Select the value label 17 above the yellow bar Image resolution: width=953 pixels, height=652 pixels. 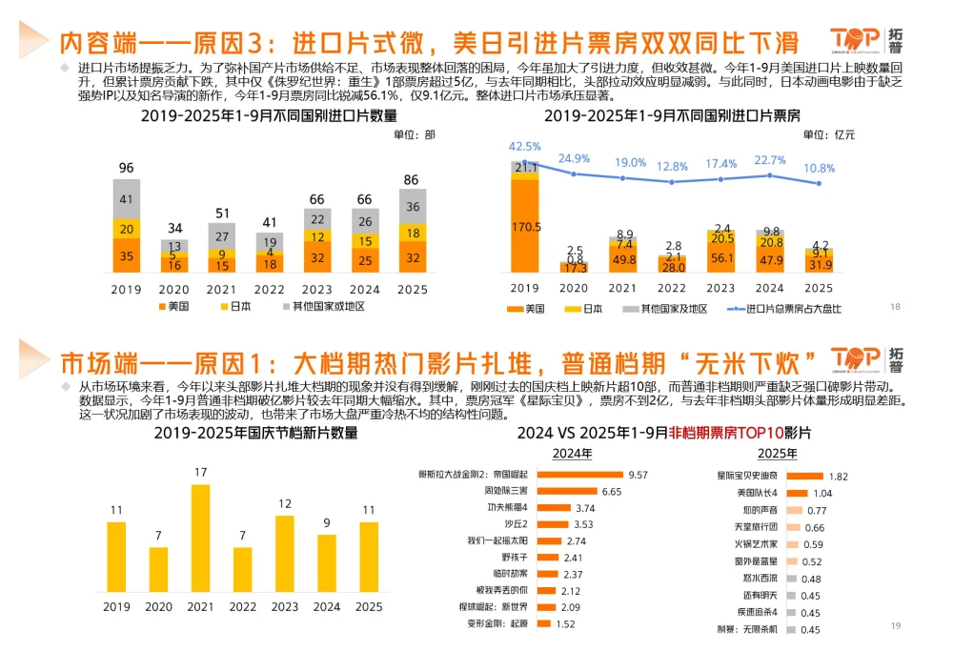point(200,472)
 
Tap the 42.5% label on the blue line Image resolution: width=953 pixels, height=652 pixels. point(524,146)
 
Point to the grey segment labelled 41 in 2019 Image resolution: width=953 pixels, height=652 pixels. point(127,199)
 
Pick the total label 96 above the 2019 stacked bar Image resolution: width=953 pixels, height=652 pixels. point(126,168)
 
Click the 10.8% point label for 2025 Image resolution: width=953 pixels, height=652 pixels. point(820,168)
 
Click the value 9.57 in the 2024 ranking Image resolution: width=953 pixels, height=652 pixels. point(639,474)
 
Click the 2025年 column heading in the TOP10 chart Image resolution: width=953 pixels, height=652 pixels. point(778,453)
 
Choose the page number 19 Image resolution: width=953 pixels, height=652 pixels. point(895,625)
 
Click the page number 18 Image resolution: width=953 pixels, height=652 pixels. point(895,306)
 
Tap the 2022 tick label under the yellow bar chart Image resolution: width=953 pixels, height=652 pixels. point(243,606)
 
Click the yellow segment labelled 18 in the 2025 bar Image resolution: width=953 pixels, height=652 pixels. point(413,233)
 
